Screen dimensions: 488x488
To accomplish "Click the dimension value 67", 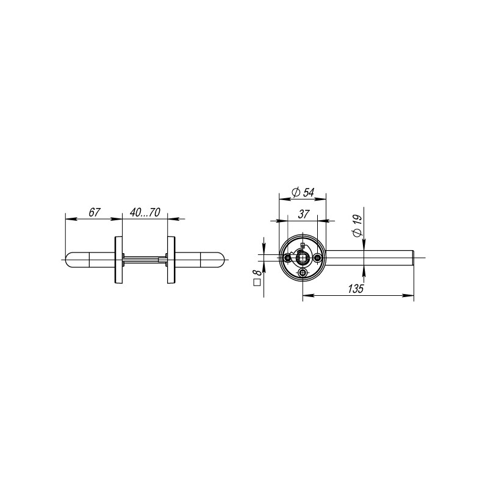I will pyautogui.click(x=94, y=213).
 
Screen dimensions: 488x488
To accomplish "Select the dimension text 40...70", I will pyautogui.click(x=145, y=213).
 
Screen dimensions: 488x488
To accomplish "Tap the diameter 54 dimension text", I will pyautogui.click(x=303, y=192).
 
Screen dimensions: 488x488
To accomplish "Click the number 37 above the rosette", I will pyautogui.click(x=303, y=214).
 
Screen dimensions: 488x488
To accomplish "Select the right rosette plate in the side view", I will pyautogui.click(x=171, y=259).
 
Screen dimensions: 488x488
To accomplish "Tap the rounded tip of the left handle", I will pyautogui.click(x=68, y=259).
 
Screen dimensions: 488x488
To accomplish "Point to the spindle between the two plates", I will pyautogui.click(x=145, y=259).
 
